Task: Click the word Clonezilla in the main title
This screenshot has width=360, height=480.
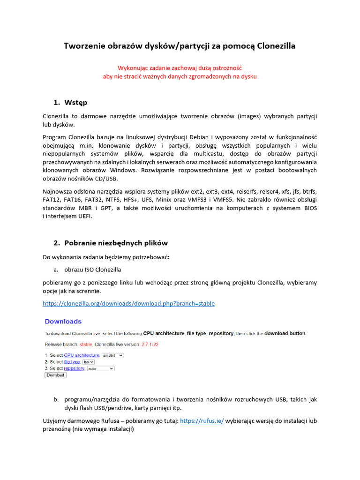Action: click(x=273, y=46)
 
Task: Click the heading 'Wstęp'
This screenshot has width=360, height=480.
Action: click(x=75, y=102)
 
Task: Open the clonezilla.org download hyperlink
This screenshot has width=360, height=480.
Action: click(x=128, y=304)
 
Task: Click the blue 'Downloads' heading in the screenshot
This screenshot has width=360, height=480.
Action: click(x=63, y=322)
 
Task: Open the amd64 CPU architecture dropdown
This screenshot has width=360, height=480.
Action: click(x=112, y=355)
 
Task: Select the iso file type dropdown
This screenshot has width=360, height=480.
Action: click(x=89, y=362)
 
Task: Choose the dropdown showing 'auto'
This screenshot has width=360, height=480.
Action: click(x=100, y=368)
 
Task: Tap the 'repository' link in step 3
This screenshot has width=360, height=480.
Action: click(x=74, y=368)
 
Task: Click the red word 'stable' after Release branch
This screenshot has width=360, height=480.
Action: click(x=85, y=345)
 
